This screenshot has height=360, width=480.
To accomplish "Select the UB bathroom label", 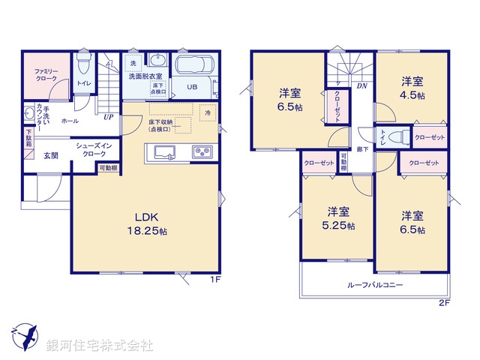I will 193,87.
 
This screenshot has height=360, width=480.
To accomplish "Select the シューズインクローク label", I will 94,149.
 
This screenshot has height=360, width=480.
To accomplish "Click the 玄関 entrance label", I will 51,155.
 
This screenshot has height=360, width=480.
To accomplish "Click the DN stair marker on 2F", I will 361,85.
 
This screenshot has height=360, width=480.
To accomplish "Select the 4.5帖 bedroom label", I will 412,88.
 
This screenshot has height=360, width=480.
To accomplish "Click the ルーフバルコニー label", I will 375,286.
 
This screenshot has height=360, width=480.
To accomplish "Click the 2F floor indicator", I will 443,303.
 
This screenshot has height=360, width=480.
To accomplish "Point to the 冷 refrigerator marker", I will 208,112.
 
